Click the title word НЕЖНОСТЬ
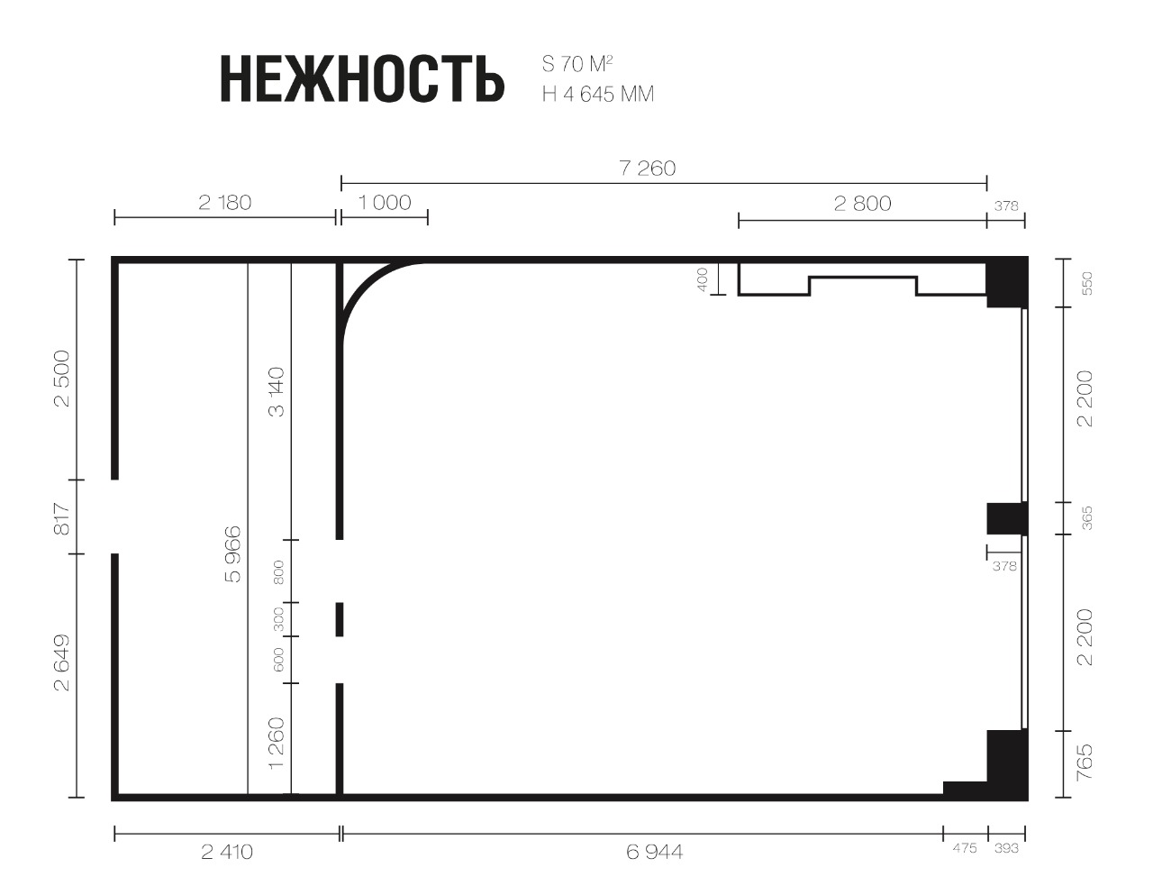362,78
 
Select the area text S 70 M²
577,64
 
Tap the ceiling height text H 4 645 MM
598,95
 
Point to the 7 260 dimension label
648,169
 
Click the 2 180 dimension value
224,203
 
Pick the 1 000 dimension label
385,203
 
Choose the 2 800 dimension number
862,204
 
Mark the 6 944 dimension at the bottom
654,853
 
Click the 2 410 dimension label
227,853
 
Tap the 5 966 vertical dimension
233,554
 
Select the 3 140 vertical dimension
277,392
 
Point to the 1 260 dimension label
277,744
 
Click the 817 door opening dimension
63,518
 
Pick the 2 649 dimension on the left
63,662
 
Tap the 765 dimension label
1085,763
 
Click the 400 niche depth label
702,279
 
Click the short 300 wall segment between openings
340,619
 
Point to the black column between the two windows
1007,518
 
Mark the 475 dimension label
964,849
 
